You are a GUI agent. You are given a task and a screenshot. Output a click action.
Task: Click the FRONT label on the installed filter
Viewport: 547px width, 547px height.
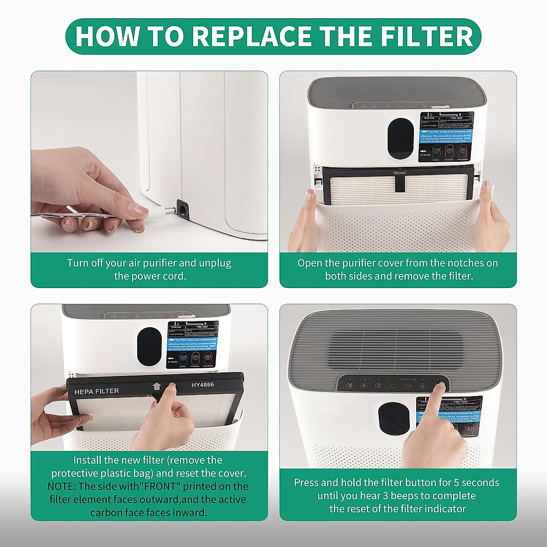[x=399, y=173]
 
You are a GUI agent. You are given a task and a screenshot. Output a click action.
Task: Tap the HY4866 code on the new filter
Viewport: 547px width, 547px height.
[x=202, y=385]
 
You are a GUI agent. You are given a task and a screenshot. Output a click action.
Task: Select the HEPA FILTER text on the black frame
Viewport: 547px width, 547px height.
[x=97, y=391]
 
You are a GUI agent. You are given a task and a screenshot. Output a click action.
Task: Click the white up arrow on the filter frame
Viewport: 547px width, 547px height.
[x=157, y=387]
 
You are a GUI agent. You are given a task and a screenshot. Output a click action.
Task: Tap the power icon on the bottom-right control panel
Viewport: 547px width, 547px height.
[x=393, y=386]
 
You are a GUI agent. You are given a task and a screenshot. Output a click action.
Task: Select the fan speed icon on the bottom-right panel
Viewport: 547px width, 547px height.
[x=364, y=386]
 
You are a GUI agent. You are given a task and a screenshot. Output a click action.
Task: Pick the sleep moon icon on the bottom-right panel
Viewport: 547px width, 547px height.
[x=349, y=386]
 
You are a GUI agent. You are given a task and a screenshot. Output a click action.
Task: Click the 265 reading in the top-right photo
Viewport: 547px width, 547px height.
[x=463, y=150]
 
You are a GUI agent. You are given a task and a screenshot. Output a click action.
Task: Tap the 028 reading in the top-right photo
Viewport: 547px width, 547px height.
[x=436, y=150]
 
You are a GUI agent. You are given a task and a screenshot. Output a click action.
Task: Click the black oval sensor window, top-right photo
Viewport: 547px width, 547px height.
[x=401, y=139]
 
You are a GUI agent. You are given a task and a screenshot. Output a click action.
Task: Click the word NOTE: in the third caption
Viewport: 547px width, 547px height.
[x=61, y=486]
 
